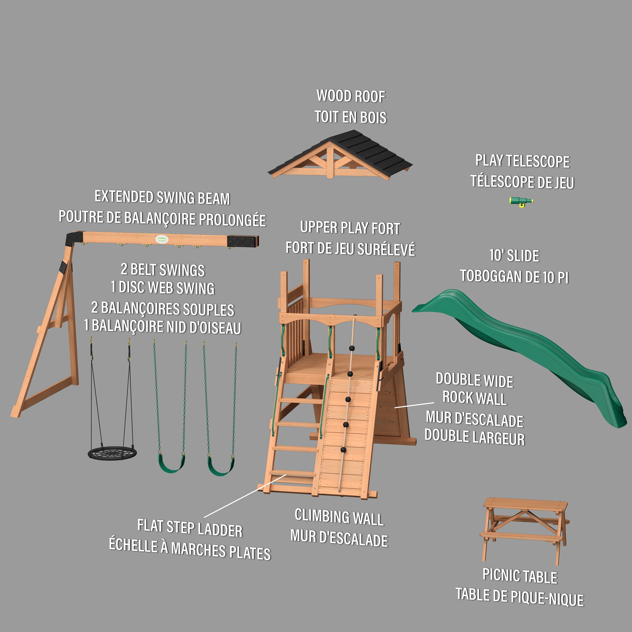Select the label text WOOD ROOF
[351, 96]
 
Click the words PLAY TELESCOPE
[523, 161]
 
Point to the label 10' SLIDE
[514, 256]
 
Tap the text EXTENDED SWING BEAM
[162, 198]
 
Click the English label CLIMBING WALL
[339, 517]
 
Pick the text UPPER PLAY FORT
[350, 228]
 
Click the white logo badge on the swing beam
[162, 239]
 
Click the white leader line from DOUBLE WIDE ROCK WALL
[414, 405]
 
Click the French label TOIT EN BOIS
[350, 117]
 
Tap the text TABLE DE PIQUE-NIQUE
[520, 597]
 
